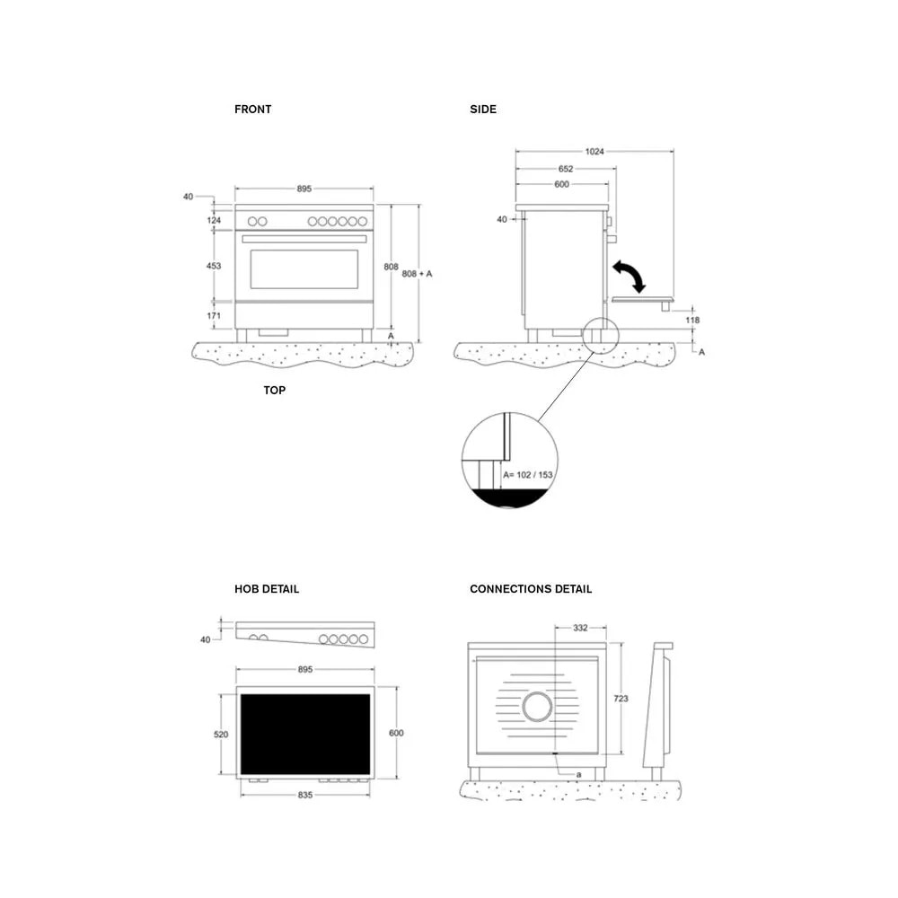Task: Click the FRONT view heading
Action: [x=252, y=110]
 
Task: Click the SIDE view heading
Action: [x=482, y=110]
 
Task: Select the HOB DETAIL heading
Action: [x=267, y=589]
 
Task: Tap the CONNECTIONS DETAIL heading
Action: [x=531, y=589]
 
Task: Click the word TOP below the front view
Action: [x=275, y=391]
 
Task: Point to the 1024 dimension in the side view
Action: [x=594, y=152]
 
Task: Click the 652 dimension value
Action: [x=566, y=169]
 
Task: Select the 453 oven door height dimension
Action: [x=214, y=266]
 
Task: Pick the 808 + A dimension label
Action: [x=418, y=273]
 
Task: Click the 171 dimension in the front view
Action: [x=214, y=316]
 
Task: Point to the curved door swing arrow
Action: [x=629, y=276]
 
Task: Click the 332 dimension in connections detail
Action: [x=579, y=628]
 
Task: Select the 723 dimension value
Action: [x=621, y=699]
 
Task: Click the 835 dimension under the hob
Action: [x=305, y=796]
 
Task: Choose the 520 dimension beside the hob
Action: [x=221, y=735]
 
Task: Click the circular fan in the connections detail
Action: [x=538, y=708]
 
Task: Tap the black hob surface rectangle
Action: [x=305, y=734]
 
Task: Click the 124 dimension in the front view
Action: [x=214, y=220]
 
